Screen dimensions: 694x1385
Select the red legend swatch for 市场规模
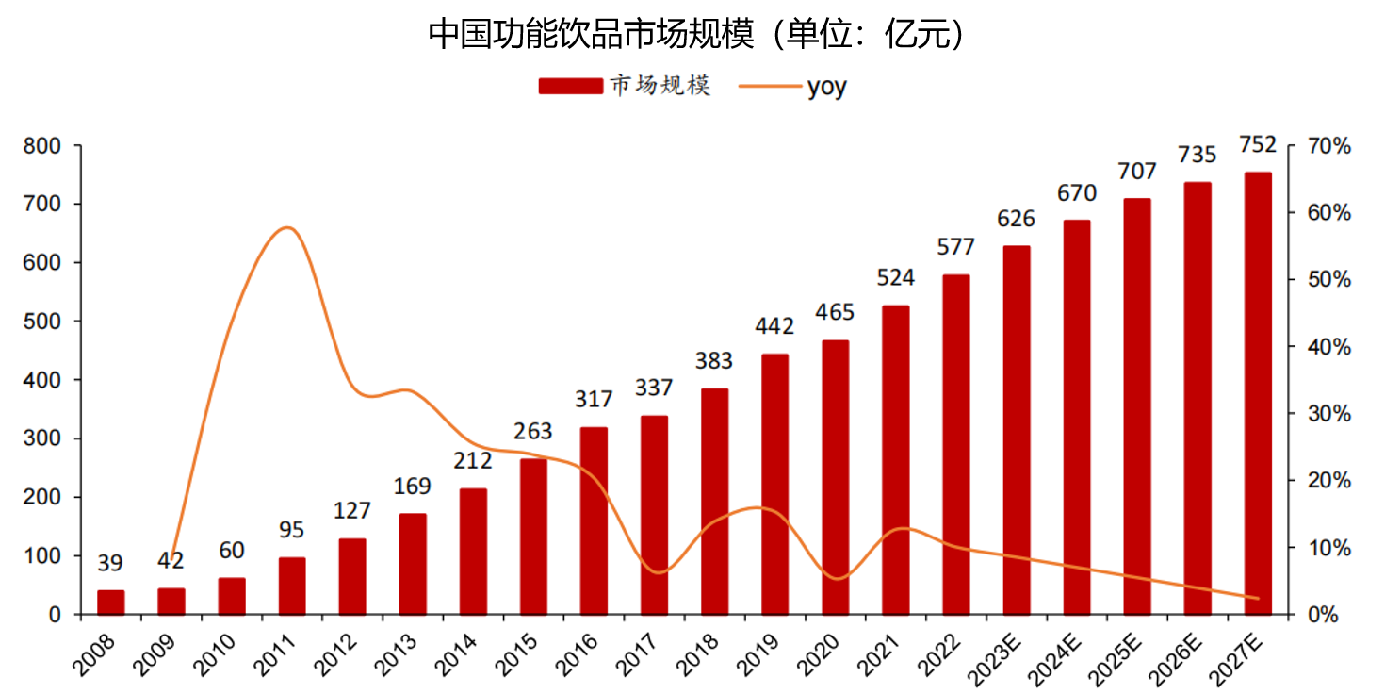[x=570, y=86]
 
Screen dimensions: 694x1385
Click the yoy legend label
[x=826, y=87]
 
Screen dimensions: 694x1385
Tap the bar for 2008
[x=110, y=603]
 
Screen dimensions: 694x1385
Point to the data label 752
[x=1258, y=145]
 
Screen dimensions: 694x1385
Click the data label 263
[x=533, y=432]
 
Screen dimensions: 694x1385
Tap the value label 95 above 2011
[x=291, y=530]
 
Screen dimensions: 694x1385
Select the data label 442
[x=774, y=327]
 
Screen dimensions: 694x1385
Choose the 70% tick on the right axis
[x=1329, y=146]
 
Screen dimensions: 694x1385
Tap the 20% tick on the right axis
[x=1329, y=481]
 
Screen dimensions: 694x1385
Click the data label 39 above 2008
[x=110, y=564]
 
